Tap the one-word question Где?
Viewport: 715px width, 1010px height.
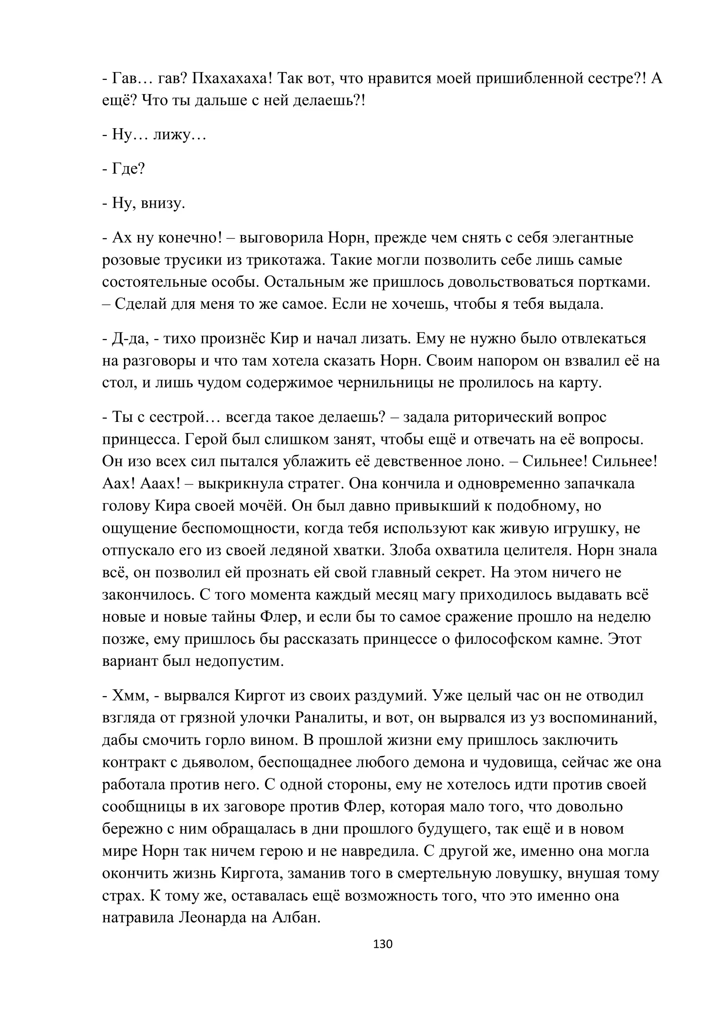point(128,168)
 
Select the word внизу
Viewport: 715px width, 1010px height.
point(163,203)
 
